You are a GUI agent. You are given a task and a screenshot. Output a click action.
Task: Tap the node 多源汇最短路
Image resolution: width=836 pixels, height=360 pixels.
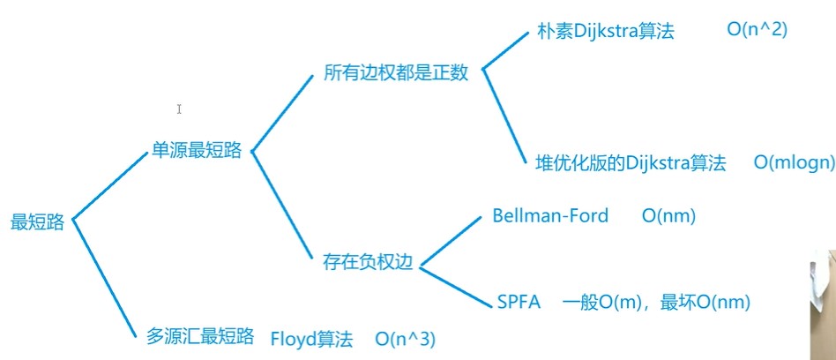click(x=200, y=336)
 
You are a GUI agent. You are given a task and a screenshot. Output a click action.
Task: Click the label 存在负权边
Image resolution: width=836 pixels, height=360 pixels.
click(x=368, y=262)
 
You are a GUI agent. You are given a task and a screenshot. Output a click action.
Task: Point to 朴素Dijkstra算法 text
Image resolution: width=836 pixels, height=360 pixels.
click(x=605, y=31)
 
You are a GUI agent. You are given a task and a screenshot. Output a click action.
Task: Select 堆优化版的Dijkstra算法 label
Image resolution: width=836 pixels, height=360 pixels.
click(x=631, y=162)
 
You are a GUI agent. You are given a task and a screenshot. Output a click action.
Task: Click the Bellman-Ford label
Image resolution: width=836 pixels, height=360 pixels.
click(x=550, y=216)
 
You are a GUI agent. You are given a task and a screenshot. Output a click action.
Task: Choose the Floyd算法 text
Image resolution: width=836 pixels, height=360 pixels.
click(x=310, y=338)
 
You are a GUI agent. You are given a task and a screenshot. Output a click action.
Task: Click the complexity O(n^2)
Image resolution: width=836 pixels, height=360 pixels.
click(x=757, y=30)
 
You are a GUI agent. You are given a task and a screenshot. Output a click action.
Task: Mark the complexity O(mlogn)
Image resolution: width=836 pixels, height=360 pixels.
click(x=793, y=162)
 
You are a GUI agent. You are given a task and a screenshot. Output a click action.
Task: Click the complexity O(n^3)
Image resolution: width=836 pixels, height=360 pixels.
click(x=405, y=338)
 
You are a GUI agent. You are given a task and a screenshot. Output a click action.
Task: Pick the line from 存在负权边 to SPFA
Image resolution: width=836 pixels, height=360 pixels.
click(x=457, y=283)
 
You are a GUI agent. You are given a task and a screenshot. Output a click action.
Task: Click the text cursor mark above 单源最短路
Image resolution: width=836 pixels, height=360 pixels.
click(x=179, y=109)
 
